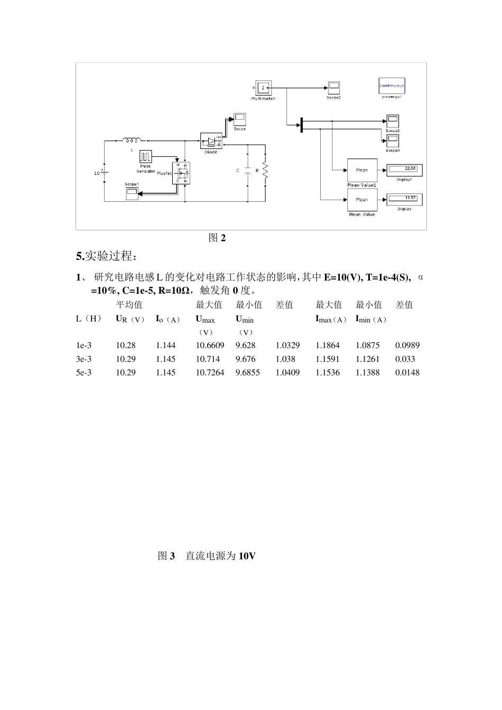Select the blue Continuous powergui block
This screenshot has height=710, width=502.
pyautogui.click(x=392, y=86)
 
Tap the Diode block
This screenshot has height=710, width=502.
pyautogui.click(x=211, y=141)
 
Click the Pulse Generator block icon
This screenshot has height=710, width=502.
pyautogui.click(x=145, y=157)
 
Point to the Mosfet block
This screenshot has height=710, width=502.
pyautogui.click(x=182, y=173)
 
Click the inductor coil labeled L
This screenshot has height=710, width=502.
pyautogui.click(x=132, y=140)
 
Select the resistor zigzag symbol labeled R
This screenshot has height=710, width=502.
pyautogui.click(x=265, y=171)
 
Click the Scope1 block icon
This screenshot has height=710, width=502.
pyautogui.click(x=132, y=194)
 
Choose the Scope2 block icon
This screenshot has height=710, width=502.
pyautogui.click(x=333, y=88)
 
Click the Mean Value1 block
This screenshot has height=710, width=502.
pyautogui.click(x=362, y=170)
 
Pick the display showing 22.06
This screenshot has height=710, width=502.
pyautogui.click(x=404, y=170)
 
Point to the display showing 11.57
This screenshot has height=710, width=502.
pyautogui.click(x=404, y=199)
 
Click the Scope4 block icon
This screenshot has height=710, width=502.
pyautogui.click(x=393, y=141)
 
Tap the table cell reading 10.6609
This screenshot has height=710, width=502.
pyautogui.click(x=210, y=345)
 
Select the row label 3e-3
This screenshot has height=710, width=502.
pyautogui.click(x=83, y=359)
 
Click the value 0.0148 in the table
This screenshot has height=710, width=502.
pyautogui.click(x=407, y=373)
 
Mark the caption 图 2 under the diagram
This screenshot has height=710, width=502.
pyautogui.click(x=217, y=238)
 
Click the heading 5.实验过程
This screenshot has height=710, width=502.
pyautogui.click(x=106, y=257)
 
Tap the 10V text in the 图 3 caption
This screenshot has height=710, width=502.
pyautogui.click(x=247, y=556)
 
